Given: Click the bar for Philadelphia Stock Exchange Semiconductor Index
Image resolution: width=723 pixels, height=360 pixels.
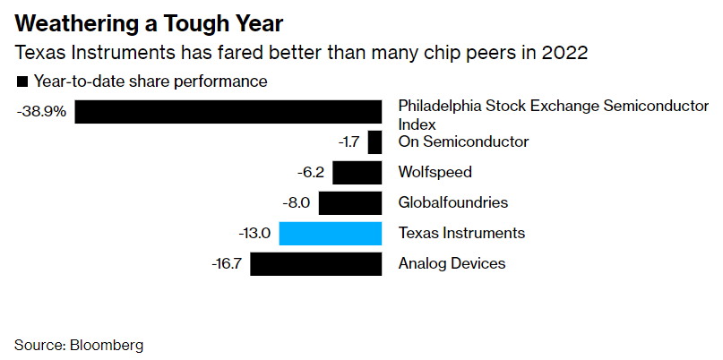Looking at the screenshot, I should pos(228,112).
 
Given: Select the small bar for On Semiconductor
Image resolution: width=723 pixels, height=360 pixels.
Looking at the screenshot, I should pos(375,142).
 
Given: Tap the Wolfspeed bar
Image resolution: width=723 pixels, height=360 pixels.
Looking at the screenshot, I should pos(357,173).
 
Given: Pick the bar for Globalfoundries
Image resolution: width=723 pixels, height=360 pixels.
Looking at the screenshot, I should pos(350,203).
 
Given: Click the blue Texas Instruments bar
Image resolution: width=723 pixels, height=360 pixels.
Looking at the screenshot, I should pos(331,234).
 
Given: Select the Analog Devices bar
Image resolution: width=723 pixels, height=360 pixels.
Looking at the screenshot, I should pos(316,264).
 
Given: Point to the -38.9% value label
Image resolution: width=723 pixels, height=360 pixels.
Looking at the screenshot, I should pos(40,113).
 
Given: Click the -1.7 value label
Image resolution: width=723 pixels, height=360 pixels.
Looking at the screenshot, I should pos(348,142).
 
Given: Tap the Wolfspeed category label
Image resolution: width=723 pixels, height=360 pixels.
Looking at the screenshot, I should pos(435,172).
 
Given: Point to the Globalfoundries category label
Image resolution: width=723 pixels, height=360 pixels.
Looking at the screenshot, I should pos(452,202).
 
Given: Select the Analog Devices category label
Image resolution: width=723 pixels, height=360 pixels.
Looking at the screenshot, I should pos(452,263).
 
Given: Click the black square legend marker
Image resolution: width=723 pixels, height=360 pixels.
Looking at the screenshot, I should pos(22,82).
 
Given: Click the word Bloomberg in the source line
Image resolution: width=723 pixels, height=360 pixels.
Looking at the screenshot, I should pos(108,345).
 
